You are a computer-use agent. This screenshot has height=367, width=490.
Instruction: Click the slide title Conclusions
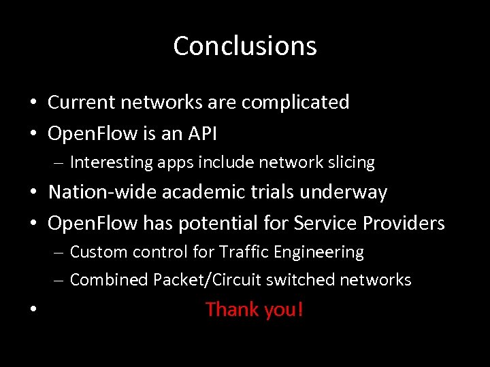point(245,46)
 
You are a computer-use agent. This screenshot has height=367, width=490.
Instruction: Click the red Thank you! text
point(254,309)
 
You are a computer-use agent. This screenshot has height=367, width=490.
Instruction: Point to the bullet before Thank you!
point(33,311)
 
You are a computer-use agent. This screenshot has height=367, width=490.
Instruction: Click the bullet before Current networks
point(33,103)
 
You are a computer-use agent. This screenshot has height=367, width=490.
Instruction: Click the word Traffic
point(244,252)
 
